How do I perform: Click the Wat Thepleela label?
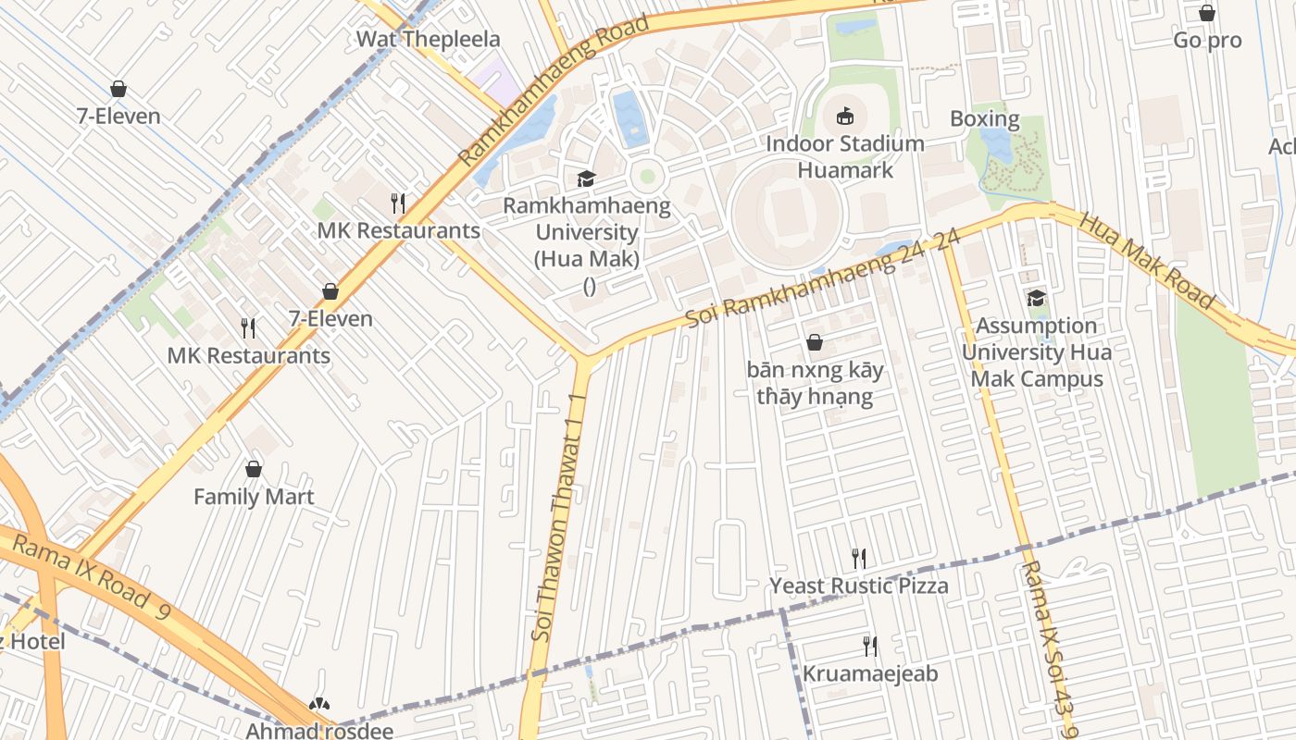coord(428,39)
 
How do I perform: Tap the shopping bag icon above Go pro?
coord(1207,13)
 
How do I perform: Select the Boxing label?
coord(984,119)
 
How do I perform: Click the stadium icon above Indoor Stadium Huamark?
coord(845,116)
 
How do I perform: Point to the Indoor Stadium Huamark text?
coord(845,156)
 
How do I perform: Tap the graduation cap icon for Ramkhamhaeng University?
coord(586,179)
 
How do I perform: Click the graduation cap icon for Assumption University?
coord(1036,298)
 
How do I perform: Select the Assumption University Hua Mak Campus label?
coord(1036,352)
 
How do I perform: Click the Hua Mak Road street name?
coord(1146,261)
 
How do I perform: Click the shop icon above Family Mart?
coord(254,469)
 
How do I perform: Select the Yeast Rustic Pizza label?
coord(859,586)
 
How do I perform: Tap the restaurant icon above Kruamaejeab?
coord(869,646)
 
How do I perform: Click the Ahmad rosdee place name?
coord(319,730)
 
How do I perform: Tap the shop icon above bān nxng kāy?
coord(815,343)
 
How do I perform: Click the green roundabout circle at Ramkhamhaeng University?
coord(647,176)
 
